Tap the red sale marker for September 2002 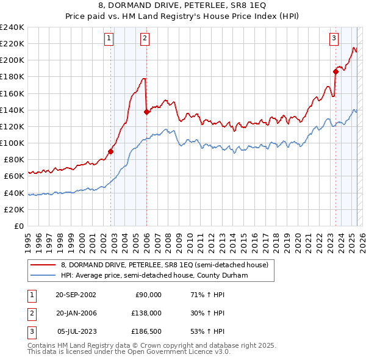click(x=111, y=151)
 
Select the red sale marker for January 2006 click(x=146, y=112)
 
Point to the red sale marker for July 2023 click(x=336, y=71)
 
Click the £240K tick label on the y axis click(x=12, y=27)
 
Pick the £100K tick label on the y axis click(x=12, y=143)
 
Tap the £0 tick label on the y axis click(x=18, y=226)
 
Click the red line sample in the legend click(x=43, y=265)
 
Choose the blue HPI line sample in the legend click(x=43, y=275)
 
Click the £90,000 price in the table click(x=148, y=294)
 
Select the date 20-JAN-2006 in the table click(x=76, y=313)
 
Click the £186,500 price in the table click(x=146, y=332)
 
